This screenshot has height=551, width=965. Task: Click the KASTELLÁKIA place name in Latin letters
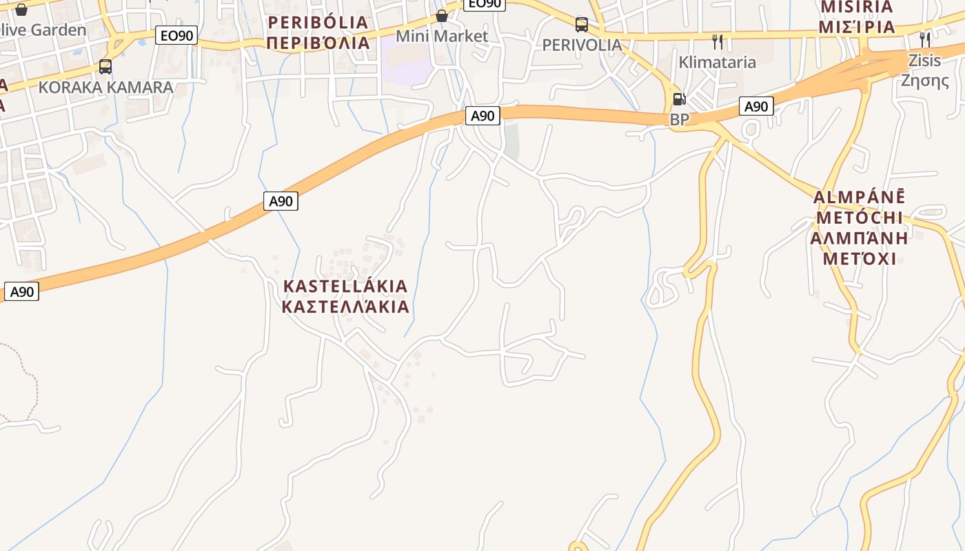pos(345,286)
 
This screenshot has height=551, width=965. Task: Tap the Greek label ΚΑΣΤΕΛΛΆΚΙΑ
pos(345,306)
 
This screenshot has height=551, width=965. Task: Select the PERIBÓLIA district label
pos(318,23)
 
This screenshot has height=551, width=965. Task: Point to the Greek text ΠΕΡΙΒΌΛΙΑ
pos(318,43)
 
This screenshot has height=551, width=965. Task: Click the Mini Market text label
pos(442,36)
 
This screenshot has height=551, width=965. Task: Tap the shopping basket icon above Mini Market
pos(442,15)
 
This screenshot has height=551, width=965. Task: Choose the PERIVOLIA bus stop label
pos(582,45)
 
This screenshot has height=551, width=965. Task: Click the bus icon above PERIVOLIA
pos(582,25)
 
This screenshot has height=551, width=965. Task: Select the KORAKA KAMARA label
pos(105,87)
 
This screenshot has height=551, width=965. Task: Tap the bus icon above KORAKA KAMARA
pos(105,67)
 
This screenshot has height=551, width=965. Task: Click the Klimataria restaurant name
pos(717,62)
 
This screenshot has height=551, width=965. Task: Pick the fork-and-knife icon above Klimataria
pos(718,42)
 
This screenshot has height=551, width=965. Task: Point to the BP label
pos(680,119)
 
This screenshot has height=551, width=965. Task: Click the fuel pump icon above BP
pos(680,100)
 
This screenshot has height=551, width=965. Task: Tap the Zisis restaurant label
pos(924,59)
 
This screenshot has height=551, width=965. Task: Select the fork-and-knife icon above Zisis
pos(924,39)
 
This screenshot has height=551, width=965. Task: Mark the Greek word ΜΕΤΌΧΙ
pos(859,259)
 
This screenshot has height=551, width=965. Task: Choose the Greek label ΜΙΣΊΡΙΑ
pos(857,28)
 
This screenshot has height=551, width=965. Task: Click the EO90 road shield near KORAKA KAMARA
pos(176,35)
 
